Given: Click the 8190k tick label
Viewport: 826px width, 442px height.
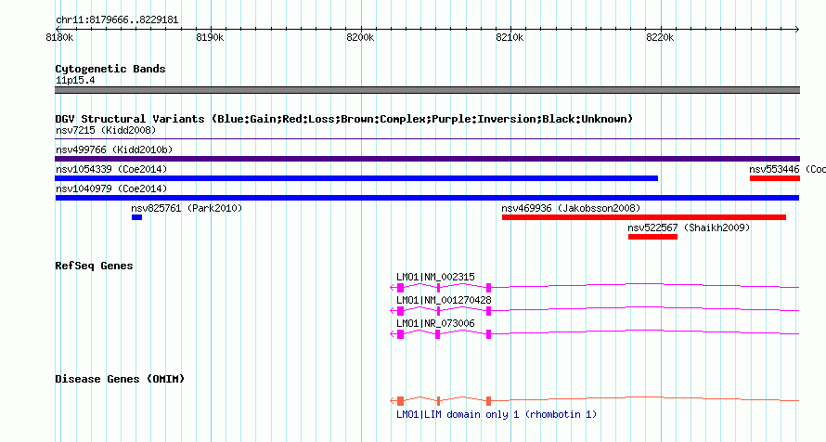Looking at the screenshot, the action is point(210,37).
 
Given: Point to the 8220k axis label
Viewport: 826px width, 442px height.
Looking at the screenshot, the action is point(660,37).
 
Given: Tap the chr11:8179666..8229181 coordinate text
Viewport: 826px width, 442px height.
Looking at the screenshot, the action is point(117,20).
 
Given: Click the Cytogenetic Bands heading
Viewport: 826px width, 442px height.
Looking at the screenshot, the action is point(110,69).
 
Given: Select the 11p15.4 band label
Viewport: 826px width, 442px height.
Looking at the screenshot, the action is point(75,81).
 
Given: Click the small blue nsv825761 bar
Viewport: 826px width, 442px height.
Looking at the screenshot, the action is point(137,217).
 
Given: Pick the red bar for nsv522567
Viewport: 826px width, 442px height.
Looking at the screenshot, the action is point(652,237).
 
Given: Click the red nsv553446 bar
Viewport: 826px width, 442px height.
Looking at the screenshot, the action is point(775,178).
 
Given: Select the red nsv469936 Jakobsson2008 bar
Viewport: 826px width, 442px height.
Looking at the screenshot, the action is point(644,217).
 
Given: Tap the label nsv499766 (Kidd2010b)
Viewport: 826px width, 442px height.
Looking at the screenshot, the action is point(114,150).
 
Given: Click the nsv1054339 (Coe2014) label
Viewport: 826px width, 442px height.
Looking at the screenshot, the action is point(111,170).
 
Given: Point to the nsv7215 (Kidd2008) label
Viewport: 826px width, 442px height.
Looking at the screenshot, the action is point(106,131).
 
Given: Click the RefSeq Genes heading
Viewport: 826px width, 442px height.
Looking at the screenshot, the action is point(94,266).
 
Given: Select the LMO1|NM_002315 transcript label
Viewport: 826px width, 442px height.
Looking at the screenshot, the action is point(435,277).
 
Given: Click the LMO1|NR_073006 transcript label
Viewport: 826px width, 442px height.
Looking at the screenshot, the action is point(435,323).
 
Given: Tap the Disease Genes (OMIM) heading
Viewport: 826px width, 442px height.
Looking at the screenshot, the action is point(120,379).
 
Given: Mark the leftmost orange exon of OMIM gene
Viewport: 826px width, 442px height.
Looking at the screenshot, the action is point(400,401).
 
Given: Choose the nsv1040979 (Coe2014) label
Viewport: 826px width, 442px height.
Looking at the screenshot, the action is point(111,189).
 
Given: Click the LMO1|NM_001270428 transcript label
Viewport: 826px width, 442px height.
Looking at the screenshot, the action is point(444,300).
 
